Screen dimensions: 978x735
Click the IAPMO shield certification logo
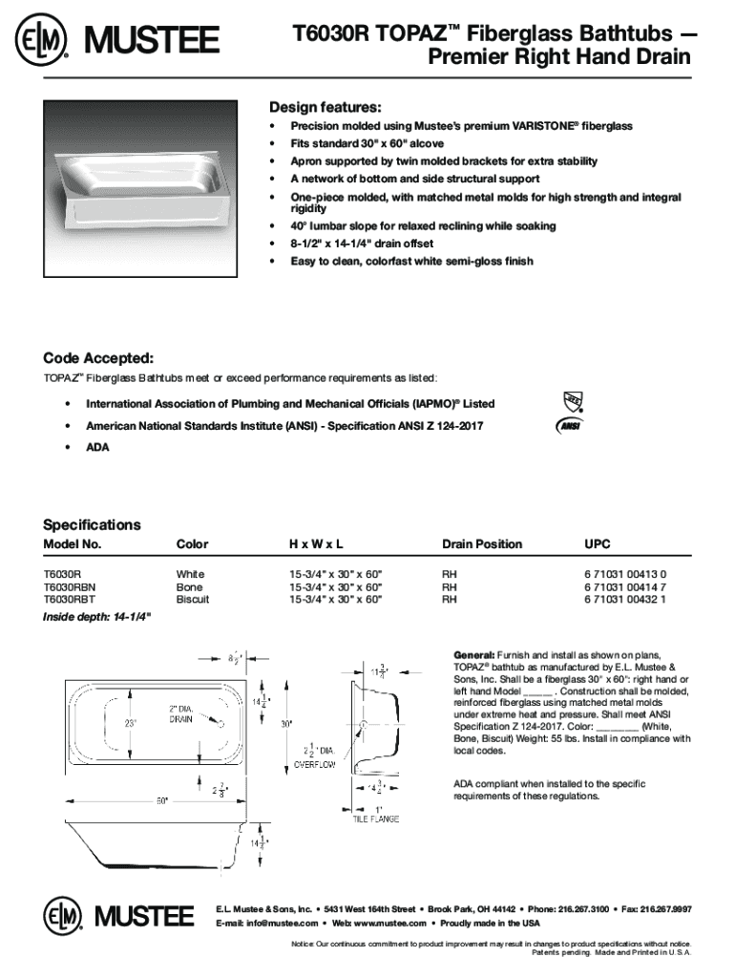coord(573,401)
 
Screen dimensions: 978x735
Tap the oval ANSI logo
coord(570,426)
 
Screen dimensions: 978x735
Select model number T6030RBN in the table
coord(70,586)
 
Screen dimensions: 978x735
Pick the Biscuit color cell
coord(192,599)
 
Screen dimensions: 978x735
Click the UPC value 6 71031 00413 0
coord(625,574)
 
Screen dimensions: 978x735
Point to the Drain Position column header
coord(481,544)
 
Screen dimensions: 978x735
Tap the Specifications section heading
coord(92,524)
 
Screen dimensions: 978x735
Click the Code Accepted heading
coord(98,358)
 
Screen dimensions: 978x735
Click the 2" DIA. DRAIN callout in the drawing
coord(182,713)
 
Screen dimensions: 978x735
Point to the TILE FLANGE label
coord(376,819)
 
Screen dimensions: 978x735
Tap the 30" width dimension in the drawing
coord(283,724)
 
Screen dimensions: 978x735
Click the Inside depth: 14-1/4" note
coord(95,616)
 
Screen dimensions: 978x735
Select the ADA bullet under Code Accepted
coord(96,447)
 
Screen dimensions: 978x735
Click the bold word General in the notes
coord(474,654)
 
